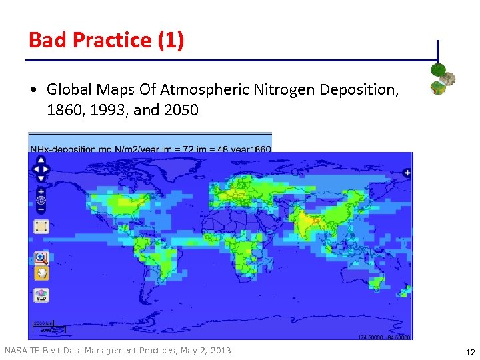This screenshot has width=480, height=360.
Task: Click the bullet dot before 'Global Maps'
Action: point(34,90)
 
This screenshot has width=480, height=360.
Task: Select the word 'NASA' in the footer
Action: point(16,351)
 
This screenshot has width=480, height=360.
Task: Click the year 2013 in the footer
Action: point(219,351)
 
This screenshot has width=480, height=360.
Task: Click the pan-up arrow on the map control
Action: point(41,160)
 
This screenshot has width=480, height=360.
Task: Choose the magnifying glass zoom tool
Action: point(41,257)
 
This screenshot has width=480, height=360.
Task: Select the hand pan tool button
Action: point(41,273)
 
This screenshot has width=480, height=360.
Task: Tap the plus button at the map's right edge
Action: point(407,173)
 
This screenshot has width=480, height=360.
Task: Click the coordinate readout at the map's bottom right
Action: point(386,337)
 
